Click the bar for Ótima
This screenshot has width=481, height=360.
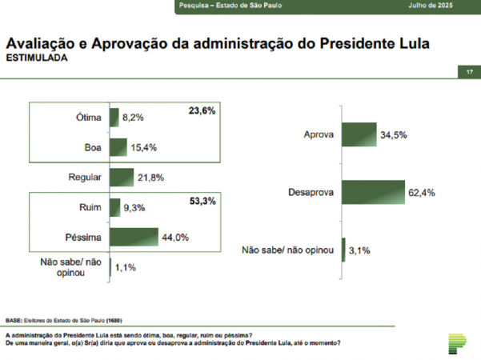point(114,118)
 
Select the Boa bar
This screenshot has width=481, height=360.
point(118,147)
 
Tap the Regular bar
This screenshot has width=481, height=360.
point(122,177)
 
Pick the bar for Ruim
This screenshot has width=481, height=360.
point(115,207)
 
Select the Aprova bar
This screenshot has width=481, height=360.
point(359,134)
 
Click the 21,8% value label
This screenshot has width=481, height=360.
point(151,178)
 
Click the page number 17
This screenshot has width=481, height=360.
point(469,73)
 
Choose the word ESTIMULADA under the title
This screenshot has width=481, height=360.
point(37,58)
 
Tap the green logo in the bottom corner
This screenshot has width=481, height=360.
point(457,342)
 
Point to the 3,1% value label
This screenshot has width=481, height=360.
point(359,251)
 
